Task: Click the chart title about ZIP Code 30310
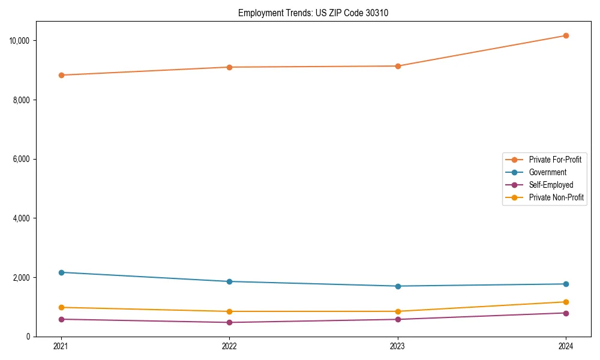[313, 13]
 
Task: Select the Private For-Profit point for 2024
[566, 35]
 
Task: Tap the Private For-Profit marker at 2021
[61, 75]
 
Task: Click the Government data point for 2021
[61, 272]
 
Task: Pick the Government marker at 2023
[398, 286]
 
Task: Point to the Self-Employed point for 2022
[229, 322]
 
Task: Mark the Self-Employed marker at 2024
[566, 313]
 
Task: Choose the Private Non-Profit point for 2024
[566, 302]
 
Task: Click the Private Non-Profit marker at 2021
[61, 307]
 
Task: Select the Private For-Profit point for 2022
[229, 67]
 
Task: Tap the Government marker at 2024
[566, 284]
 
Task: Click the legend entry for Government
[547, 172]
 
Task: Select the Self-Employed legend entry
[551, 185]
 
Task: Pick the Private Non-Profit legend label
[556, 197]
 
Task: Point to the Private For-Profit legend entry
[555, 160]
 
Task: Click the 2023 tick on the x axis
[398, 346]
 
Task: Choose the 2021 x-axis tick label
[61, 346]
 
